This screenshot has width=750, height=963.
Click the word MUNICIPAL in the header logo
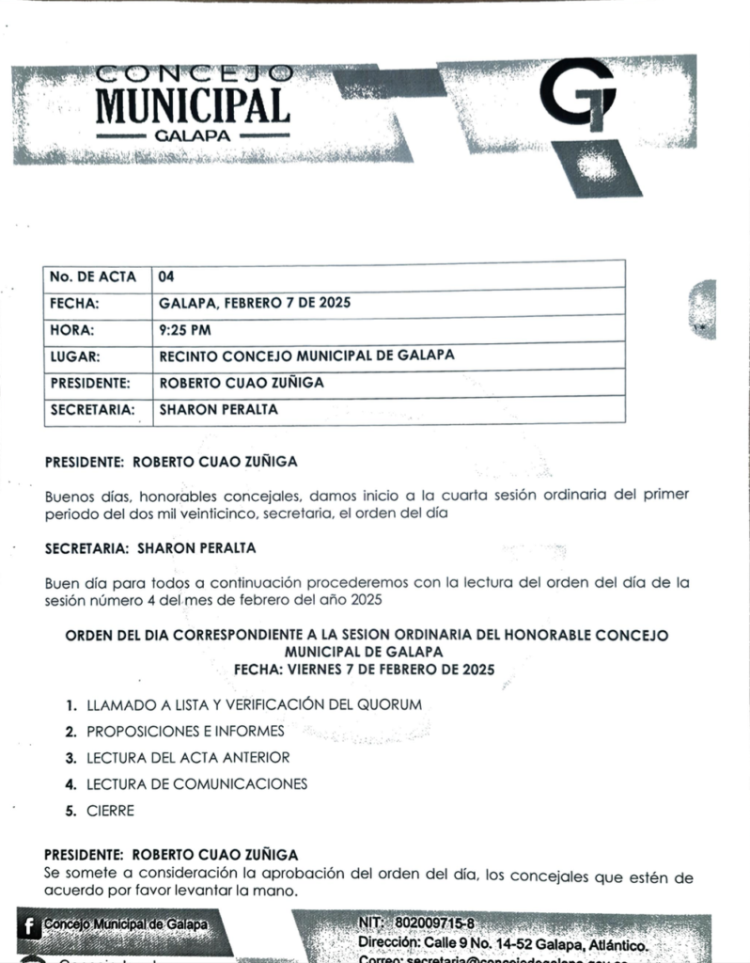193,104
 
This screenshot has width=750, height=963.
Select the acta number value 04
166,276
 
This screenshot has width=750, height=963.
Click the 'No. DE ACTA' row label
92,276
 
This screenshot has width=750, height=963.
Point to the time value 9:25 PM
184,330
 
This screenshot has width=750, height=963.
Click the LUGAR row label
75,356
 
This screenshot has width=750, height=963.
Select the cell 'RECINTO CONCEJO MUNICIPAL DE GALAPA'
306,356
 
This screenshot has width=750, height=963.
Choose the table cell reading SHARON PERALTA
218,410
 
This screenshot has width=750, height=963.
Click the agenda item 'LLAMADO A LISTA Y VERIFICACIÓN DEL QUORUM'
254,703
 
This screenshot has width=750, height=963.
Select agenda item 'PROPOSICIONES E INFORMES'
185,730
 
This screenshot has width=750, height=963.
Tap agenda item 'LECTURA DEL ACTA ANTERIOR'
188,757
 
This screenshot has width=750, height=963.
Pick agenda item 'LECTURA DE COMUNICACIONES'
196,783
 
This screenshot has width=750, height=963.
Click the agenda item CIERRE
110,811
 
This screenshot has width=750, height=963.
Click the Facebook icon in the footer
30,926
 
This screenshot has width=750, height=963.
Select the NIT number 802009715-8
434,924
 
